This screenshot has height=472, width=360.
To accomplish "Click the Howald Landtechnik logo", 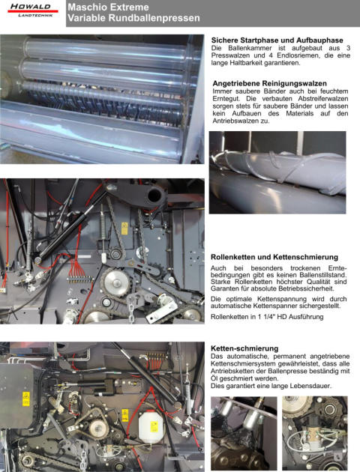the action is (x=32, y=10).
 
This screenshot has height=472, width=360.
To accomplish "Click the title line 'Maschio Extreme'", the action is (x=108, y=7).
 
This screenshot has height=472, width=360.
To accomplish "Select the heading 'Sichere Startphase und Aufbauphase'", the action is (x=277, y=40).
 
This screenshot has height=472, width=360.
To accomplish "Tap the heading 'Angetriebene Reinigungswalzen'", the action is (x=269, y=83).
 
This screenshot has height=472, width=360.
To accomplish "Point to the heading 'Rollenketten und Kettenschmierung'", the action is (x=274, y=257).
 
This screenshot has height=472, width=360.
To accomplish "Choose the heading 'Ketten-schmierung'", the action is (x=244, y=348).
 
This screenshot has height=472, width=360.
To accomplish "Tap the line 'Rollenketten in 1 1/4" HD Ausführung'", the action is (x=267, y=317).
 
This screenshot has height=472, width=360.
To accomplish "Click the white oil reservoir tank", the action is (x=151, y=427).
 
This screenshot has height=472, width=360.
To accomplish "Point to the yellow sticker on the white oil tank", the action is (x=154, y=426).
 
